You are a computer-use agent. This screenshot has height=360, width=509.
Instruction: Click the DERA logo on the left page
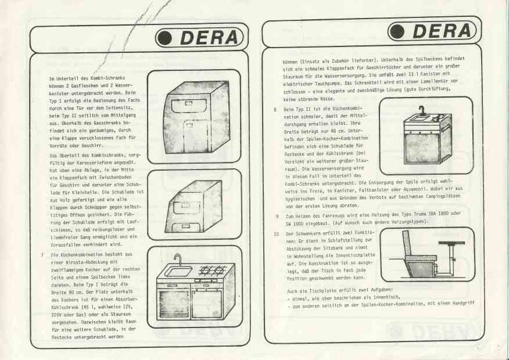tap(200, 38)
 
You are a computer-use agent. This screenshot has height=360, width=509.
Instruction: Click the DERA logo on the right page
tap(432, 31)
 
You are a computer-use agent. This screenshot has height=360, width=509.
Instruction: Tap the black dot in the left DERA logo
tap(164, 38)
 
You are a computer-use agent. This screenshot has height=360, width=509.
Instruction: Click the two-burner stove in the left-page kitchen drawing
tap(212, 270)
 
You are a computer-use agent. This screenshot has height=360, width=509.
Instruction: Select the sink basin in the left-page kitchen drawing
tap(178, 271)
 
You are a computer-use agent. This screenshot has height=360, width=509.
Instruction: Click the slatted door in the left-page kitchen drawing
tap(173, 303)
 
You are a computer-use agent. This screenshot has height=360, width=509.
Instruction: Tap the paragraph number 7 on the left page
tap(42, 254)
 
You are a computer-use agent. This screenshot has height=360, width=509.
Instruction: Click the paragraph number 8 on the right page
tap(275, 110)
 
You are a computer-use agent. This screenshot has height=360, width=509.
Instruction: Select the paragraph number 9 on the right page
tap(277, 215)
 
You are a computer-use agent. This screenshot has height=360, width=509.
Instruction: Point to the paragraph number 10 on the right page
tap(276, 234)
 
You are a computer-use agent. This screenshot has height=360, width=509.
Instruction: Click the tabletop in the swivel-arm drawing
tap(451, 243)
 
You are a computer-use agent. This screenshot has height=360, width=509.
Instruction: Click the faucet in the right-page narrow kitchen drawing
tap(421, 110)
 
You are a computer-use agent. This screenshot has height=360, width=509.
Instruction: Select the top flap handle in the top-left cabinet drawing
tap(189, 104)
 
